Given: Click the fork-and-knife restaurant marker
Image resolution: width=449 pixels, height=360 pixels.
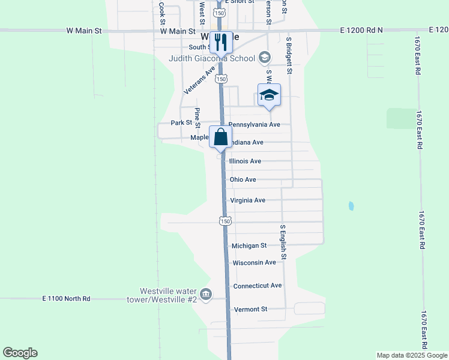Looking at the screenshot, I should pos(220,43).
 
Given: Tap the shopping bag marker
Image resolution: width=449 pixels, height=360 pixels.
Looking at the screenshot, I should pos(220,137).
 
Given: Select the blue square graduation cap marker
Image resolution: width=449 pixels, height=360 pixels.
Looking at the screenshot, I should pos(269,95).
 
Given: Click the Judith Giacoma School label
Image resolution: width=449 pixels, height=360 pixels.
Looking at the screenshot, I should pos(212,58).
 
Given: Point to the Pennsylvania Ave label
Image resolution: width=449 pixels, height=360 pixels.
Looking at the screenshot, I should pos(255,125).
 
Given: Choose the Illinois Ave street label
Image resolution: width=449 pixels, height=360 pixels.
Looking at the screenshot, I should pos(245,161).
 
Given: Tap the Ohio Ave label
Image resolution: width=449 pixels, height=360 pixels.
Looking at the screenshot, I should pos(243,179).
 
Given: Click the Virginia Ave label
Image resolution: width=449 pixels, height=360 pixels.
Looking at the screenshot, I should pos(247,200).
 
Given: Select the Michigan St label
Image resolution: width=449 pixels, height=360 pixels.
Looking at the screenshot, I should pos(249,246).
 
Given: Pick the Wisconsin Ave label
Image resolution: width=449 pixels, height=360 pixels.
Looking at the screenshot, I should pos(254,263).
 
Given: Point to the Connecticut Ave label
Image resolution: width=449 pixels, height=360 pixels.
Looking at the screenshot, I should pos(258,286).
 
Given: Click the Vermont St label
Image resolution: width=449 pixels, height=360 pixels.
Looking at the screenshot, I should pos(250,309).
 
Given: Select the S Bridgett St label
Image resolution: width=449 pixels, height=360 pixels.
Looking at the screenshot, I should pos(289,55).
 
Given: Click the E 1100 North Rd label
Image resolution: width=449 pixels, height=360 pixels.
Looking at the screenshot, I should pos(67,298).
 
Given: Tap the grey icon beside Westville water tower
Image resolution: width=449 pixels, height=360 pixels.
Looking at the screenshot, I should pos(206,293).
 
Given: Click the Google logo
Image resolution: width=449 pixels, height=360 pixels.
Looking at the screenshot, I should pos(20,353).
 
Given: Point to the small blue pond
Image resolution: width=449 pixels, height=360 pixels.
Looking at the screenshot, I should pos(351,206).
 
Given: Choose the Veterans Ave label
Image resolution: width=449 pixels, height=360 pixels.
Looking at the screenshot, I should pos(199,80).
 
